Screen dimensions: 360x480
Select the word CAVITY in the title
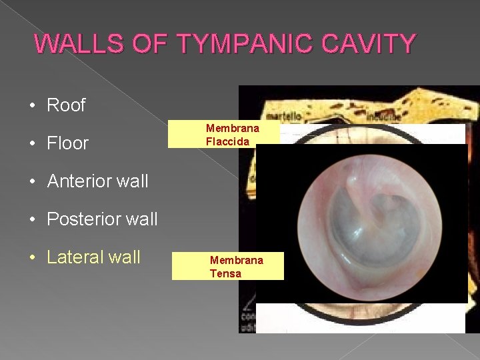(365, 44)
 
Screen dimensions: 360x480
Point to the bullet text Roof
(67, 105)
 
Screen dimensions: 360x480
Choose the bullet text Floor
(68, 143)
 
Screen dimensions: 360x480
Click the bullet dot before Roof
(32, 106)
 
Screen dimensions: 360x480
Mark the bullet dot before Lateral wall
(32, 257)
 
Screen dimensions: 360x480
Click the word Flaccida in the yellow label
(227, 141)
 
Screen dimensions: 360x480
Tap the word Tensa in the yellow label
(225, 273)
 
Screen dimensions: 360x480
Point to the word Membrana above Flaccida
(233, 128)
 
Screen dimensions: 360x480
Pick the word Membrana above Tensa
(237, 260)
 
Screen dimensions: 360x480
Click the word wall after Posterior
(139, 219)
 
